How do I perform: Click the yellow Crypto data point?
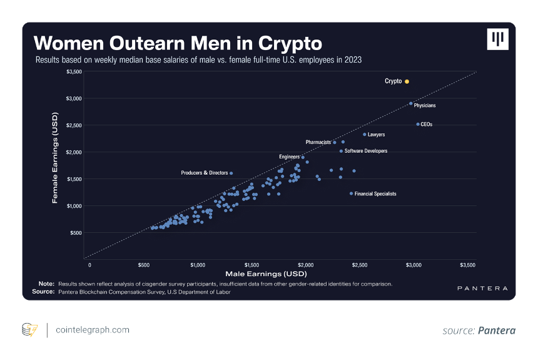pyautogui.click(x=407, y=81)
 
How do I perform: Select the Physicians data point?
pyautogui.click(x=411, y=103)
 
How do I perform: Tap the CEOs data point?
pyautogui.click(x=418, y=125)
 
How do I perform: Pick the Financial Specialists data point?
pyautogui.click(x=351, y=193)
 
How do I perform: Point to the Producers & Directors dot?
pyautogui.click(x=231, y=173)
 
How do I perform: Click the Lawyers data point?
pyautogui.click(x=364, y=135)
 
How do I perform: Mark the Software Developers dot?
pyautogui.click(x=341, y=151)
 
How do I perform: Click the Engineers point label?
pyautogui.click(x=289, y=157)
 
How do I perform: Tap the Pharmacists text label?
pyautogui.click(x=318, y=142)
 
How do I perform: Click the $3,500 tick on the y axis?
pyautogui.click(x=74, y=72)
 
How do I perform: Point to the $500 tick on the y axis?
pyautogui.click(x=76, y=233)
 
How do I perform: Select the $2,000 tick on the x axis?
pyautogui.click(x=306, y=265)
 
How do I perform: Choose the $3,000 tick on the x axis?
pyautogui.click(x=414, y=265)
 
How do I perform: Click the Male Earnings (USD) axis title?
pyautogui.click(x=266, y=274)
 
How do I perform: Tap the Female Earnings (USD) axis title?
pyautogui.click(x=55, y=158)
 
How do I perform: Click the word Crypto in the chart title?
pyautogui.click(x=290, y=44)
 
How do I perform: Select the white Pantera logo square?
pyautogui.click(x=497, y=39)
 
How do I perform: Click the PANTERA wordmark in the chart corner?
pyautogui.click(x=482, y=288)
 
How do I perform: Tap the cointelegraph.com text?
pyautogui.click(x=93, y=330)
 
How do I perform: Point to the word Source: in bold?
pyautogui.click(x=43, y=292)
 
